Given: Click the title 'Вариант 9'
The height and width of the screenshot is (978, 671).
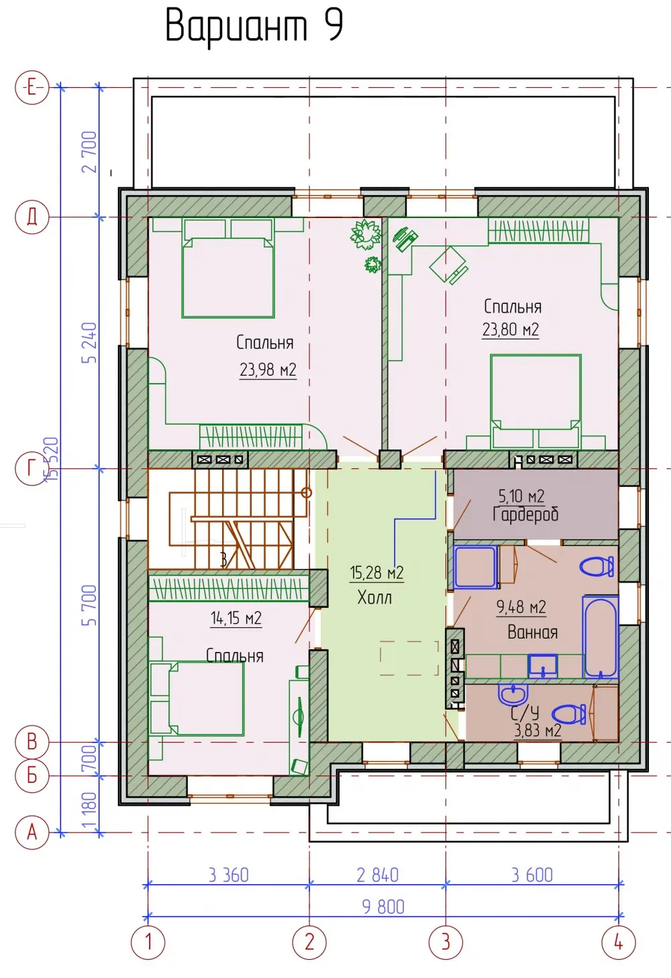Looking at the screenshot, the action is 254,27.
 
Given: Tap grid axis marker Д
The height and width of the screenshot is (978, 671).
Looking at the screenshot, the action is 32,217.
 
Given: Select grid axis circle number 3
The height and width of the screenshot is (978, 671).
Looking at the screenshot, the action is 446,942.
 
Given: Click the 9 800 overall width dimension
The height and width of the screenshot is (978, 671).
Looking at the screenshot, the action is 383,907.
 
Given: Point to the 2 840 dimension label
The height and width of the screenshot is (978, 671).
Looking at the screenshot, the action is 377,875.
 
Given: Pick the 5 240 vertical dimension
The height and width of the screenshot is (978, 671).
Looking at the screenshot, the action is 89,343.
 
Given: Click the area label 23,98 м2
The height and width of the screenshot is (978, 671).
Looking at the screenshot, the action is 268,370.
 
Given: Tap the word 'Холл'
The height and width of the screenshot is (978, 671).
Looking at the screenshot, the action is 374,597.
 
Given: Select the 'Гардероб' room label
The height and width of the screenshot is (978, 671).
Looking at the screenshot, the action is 525,514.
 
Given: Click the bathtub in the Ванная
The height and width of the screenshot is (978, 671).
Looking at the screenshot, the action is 601,637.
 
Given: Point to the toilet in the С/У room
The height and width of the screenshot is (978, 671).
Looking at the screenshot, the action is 568,715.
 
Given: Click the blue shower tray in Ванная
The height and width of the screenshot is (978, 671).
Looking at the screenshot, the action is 475,566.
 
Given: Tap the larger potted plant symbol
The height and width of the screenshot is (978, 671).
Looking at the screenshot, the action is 366,235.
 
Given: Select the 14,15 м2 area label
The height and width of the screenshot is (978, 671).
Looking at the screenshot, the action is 236,618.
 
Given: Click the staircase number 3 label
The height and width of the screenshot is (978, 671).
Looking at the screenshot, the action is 223,559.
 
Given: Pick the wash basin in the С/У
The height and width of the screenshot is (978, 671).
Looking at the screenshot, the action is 513,695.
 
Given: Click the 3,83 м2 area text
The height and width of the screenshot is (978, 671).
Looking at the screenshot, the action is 537,730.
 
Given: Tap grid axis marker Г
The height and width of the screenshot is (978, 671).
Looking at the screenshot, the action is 32,469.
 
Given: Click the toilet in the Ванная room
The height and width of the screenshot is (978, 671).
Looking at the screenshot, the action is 597,567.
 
